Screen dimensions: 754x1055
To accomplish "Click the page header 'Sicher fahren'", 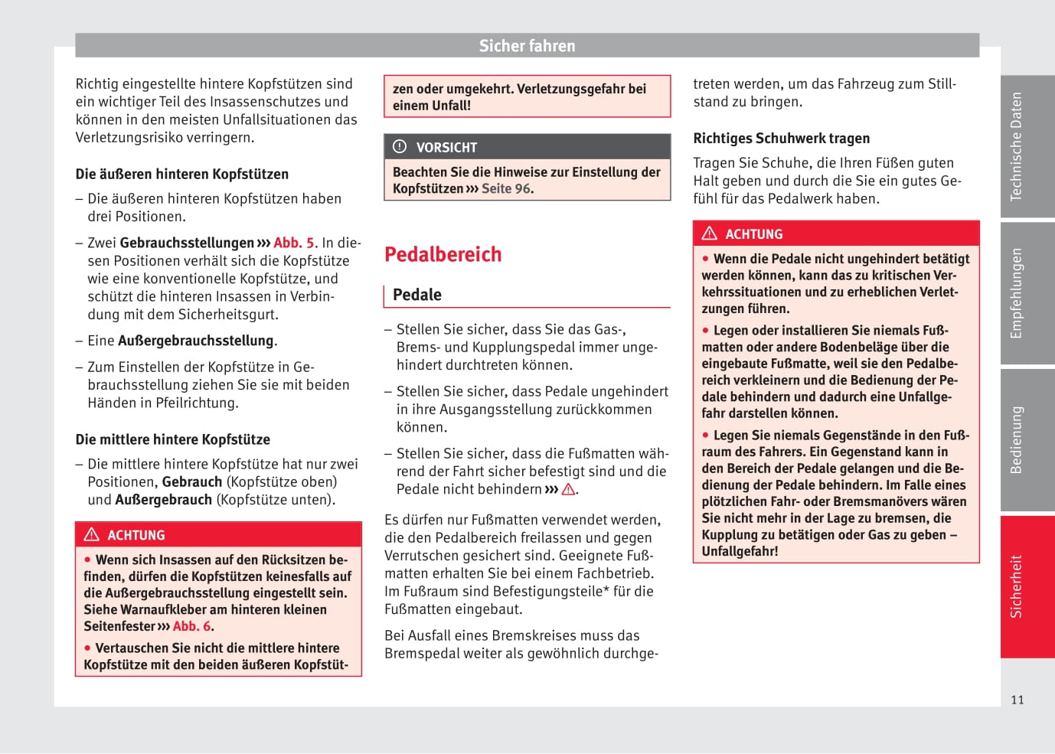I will point(527,46).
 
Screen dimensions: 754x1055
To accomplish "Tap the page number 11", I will point(1017,700).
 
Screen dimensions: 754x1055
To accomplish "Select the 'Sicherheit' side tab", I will point(1017,586).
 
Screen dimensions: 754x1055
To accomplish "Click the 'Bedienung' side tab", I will point(1017,440).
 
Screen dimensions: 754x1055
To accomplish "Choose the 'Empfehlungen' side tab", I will point(1017,293).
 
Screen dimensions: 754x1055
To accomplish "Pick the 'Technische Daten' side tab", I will point(1017,146).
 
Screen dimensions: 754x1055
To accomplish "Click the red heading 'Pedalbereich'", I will point(443,254).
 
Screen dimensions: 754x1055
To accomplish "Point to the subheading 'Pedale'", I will point(417,295).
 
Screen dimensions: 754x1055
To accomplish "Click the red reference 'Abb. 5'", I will point(294,243).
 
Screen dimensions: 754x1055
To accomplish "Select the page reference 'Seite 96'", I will point(506,189).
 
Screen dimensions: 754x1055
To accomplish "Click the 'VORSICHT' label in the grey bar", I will point(446,148).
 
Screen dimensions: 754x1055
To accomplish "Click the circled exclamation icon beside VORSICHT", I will point(400,146).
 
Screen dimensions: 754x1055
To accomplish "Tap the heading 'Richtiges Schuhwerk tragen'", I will point(781,139).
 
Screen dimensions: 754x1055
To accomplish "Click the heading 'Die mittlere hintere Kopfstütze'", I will point(173,439).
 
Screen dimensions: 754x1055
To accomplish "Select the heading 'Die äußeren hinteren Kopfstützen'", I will point(182,175).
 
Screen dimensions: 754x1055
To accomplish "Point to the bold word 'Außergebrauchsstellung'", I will point(196,341).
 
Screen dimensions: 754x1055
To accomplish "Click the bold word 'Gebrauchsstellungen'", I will point(187,243).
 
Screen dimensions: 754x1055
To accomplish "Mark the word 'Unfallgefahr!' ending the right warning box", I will point(740,551).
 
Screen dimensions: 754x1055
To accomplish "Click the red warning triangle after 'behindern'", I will point(568,489).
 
